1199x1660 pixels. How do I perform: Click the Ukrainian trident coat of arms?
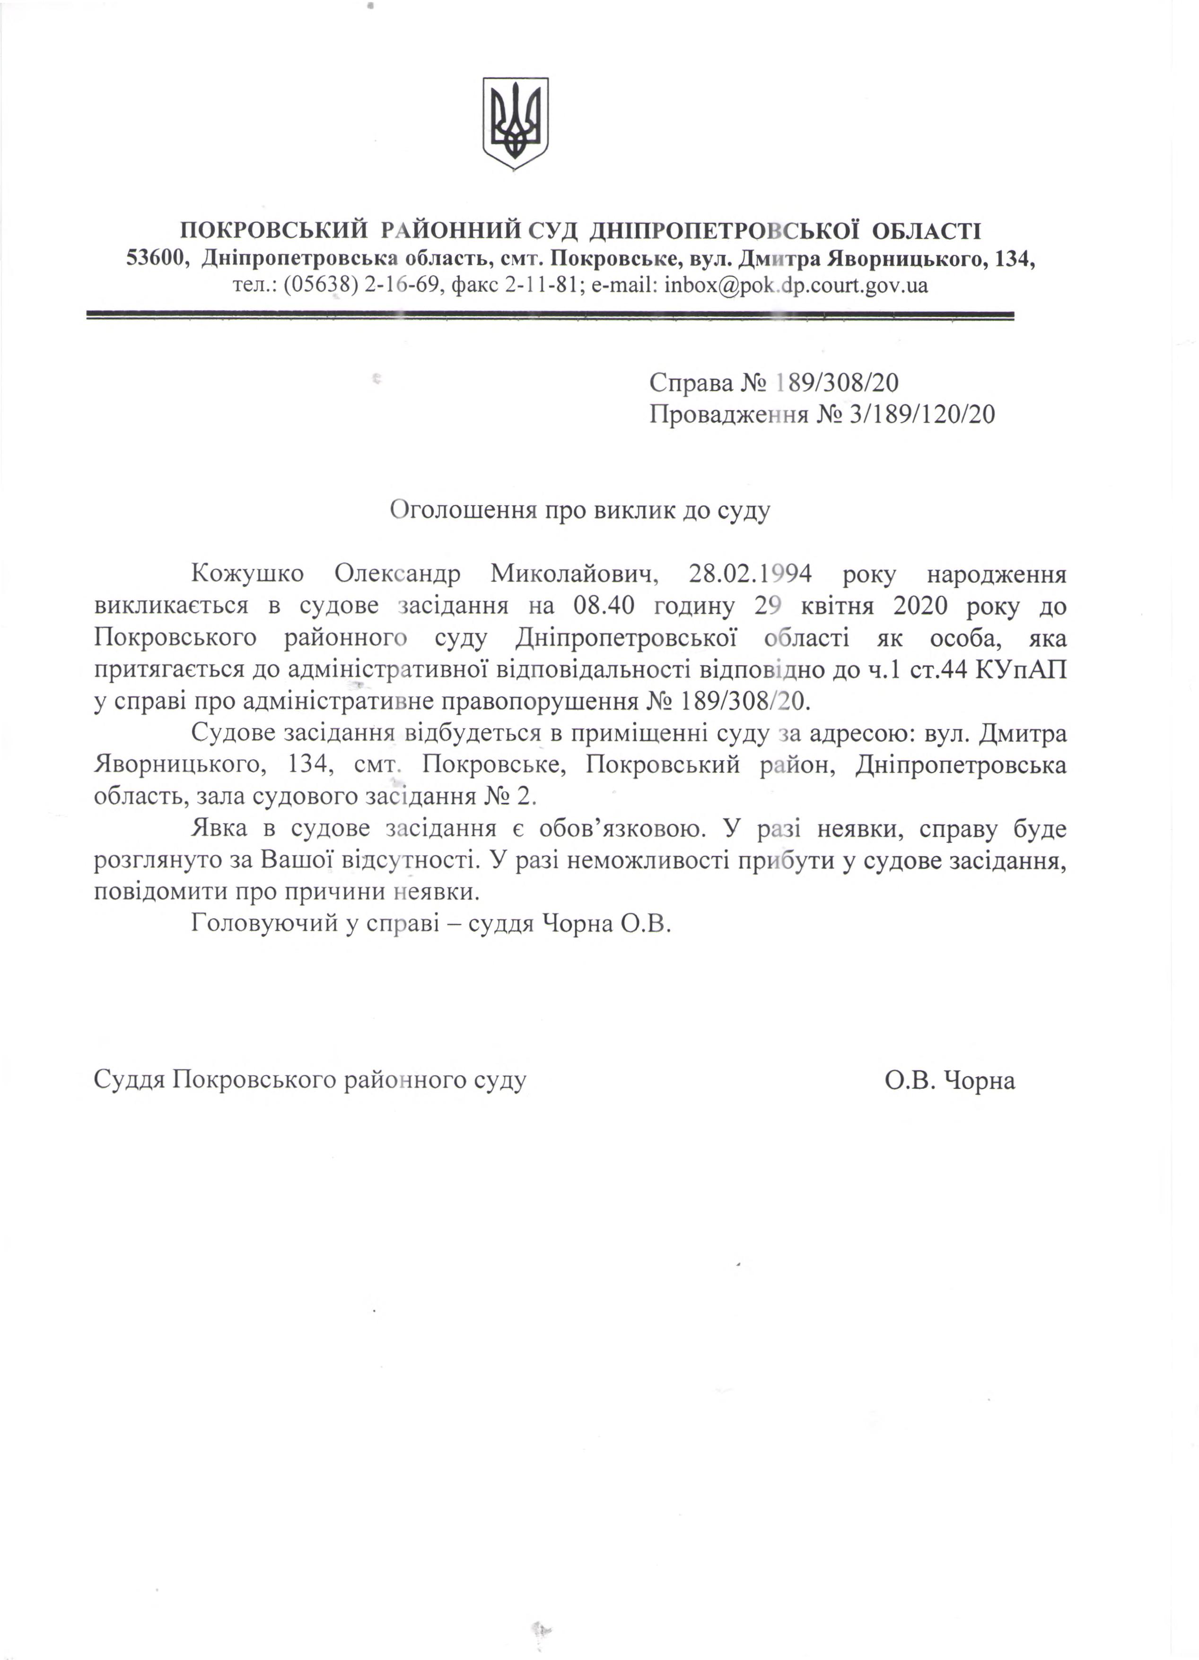pyautogui.click(x=516, y=123)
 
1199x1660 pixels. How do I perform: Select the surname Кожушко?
pyautogui.click(x=247, y=573)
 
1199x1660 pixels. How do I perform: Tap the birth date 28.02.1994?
pyautogui.click(x=750, y=573)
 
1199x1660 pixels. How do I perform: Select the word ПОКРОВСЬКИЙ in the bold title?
pyautogui.click(x=274, y=231)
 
